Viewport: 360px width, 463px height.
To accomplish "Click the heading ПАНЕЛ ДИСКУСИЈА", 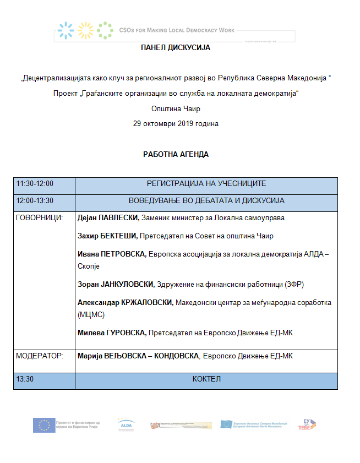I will [x=176, y=48].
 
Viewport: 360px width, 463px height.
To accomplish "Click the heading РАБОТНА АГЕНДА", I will [x=176, y=154].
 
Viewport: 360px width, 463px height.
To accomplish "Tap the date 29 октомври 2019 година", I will [x=176, y=124].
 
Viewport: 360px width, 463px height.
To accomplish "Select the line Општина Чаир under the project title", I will [x=176, y=109].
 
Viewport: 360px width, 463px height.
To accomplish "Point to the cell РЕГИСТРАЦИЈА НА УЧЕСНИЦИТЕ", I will [x=206, y=184].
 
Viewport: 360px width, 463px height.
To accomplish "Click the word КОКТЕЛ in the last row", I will [x=206, y=379].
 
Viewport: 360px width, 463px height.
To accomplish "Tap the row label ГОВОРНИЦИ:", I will [x=40, y=218].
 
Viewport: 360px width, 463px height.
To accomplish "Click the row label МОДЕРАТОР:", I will [x=40, y=356].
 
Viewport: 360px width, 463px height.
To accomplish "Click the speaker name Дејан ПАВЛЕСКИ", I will [x=108, y=218].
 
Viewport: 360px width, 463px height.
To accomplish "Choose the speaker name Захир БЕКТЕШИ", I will [x=107, y=236].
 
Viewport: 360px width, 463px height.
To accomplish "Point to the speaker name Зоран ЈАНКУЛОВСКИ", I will [x=116, y=285].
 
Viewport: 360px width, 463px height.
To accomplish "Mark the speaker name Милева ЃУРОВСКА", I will [x=112, y=333].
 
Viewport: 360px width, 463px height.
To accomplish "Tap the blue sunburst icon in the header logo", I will [x=66, y=30].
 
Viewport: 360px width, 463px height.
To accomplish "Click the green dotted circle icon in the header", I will [x=104, y=30].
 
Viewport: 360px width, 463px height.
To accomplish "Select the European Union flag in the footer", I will [x=44, y=425].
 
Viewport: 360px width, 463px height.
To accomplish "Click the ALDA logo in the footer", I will [x=126, y=424].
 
